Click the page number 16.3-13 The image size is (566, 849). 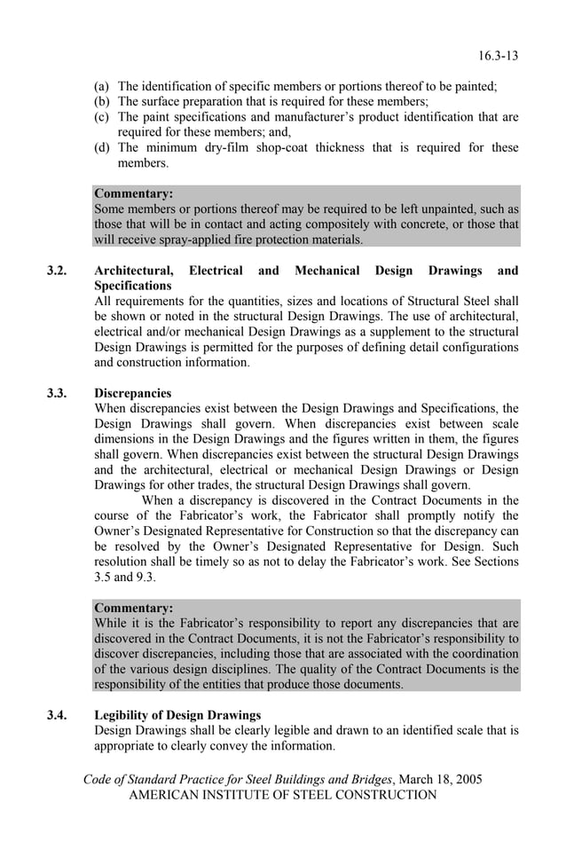point(498,56)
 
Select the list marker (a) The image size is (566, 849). point(103,87)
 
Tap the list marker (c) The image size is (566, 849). point(103,117)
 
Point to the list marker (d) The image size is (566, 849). point(103,147)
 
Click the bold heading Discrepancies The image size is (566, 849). point(132,393)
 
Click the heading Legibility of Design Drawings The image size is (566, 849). point(177,715)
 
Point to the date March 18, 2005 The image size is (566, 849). point(439,780)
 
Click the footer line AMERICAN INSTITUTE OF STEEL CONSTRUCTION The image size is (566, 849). point(283,795)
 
